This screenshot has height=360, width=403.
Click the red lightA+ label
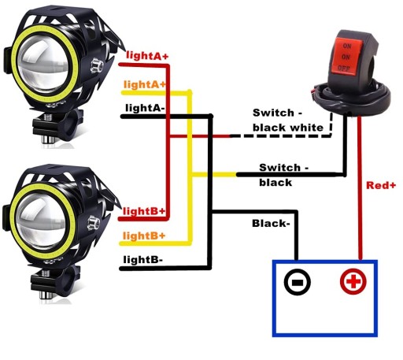click(147, 56)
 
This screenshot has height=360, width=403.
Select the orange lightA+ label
click(145, 84)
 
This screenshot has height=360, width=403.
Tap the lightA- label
click(145, 108)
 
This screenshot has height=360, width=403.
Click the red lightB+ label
click(144, 211)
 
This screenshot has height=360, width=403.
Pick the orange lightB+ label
click(144, 236)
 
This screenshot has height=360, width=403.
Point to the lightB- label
click(143, 260)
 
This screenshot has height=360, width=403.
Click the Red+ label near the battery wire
click(381, 185)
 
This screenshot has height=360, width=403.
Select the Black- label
click(271, 224)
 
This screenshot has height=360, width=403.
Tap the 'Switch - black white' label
click(288, 120)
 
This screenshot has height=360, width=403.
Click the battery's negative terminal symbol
click(298, 282)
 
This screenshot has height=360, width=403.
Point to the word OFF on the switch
click(344, 69)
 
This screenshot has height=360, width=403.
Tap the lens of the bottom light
click(42, 221)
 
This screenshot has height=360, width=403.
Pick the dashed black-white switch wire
click(281, 135)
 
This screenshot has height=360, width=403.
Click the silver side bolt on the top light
click(96, 66)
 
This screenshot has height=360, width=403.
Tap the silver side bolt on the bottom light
click(94, 222)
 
